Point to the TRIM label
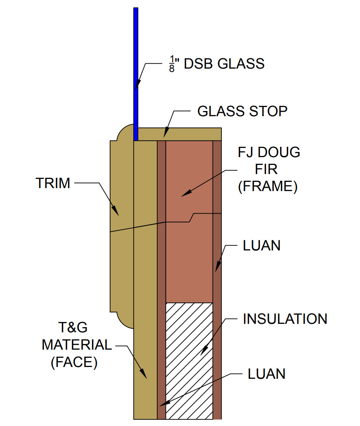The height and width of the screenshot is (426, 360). click(x=53, y=183)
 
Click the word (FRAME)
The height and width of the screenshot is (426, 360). click(x=268, y=187)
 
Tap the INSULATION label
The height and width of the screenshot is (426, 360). click(x=285, y=319)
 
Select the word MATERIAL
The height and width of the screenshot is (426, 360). click(x=77, y=345)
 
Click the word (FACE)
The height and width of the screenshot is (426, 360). click(x=74, y=363)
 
